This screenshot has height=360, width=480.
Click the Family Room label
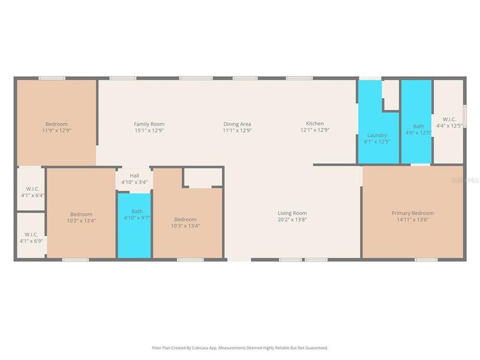149,124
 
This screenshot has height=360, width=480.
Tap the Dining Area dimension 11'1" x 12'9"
237,130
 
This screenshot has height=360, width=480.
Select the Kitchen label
315,124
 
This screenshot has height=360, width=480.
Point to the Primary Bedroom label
412,213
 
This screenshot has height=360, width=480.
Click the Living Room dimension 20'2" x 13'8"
292,220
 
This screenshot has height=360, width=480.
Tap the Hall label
134,176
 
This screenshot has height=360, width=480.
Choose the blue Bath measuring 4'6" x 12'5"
416,120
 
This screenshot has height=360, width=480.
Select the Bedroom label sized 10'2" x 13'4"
81,215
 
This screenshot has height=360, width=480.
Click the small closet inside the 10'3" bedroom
202,178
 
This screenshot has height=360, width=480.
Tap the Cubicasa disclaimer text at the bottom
240,347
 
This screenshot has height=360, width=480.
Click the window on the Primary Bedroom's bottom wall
426,260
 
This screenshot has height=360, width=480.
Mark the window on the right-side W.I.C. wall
465,116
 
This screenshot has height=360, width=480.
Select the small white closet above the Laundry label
391,95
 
